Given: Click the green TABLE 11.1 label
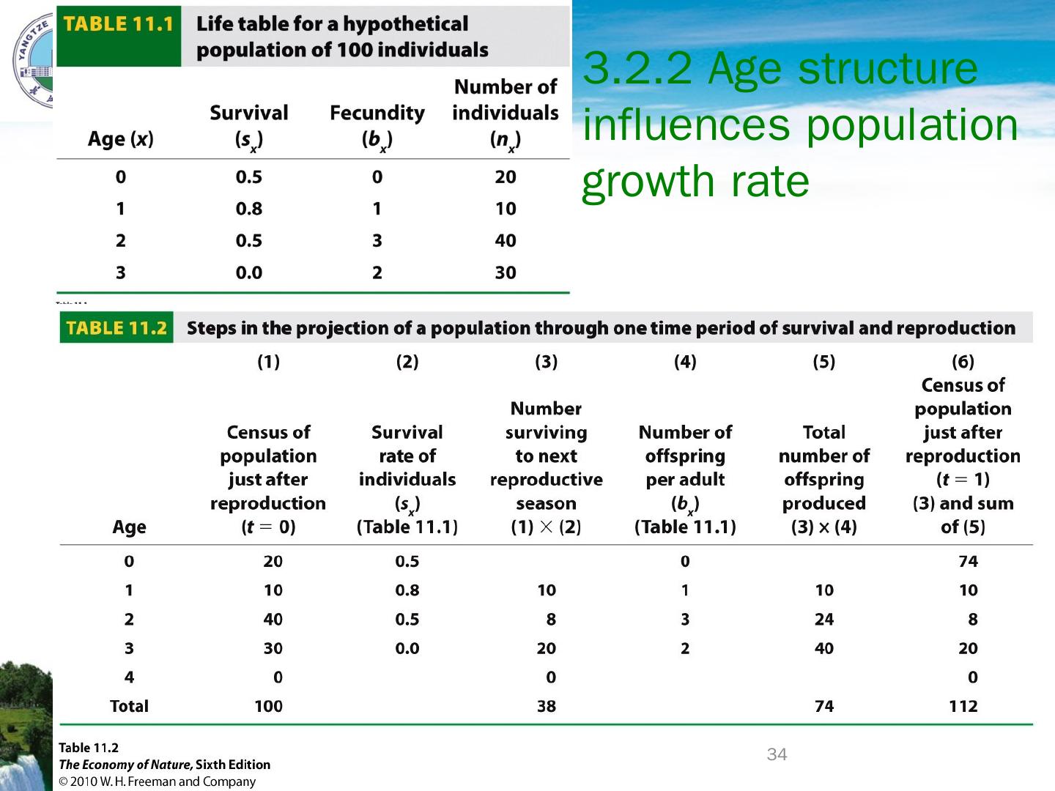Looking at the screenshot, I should pos(117,24).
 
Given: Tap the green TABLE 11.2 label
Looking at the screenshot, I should pos(116,328).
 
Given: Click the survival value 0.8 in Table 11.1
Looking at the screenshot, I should pos(249,209).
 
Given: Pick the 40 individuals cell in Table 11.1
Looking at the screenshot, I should pos(506,240).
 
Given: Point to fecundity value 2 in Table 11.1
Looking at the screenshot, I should pos(377,272).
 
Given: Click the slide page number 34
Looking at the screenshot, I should pos(777,754).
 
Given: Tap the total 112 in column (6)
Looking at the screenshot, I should pos(963,706).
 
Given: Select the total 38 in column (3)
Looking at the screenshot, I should pos(547,706).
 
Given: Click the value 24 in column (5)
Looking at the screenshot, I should pos(824,620).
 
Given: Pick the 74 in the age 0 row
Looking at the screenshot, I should pos(968,562).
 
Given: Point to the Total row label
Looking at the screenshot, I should pos(129,706).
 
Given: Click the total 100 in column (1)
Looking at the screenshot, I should pos(268,706).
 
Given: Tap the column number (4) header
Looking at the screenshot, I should pos(685,362).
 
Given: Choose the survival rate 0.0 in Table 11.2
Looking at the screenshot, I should pos(407,648).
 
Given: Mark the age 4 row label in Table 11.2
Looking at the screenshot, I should pos(129,677).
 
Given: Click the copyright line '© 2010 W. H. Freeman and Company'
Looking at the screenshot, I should pos(158,781).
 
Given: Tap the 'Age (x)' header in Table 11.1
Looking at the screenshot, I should pos(121,138).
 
